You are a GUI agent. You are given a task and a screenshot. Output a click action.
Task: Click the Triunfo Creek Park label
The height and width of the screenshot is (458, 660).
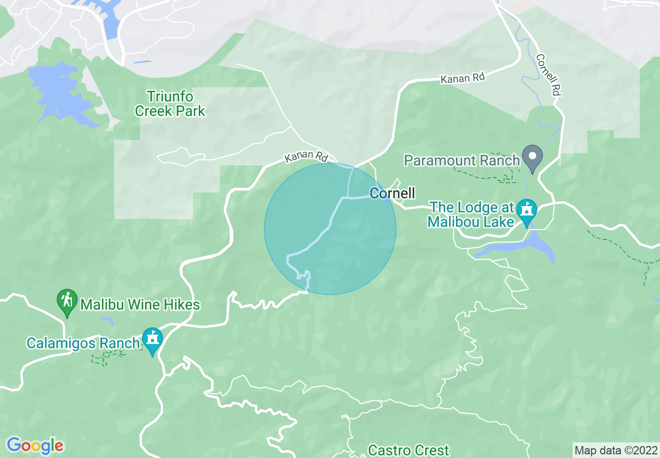pos(170,104)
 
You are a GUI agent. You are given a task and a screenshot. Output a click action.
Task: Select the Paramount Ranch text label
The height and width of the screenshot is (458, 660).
pos(462,160)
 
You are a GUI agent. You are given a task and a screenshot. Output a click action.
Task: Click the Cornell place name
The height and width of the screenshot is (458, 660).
pos(392,194)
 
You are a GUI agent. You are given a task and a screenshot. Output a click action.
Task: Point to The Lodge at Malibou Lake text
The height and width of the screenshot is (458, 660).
pos(470,214)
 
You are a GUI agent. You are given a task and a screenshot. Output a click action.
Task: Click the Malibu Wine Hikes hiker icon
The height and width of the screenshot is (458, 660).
pos(67,302)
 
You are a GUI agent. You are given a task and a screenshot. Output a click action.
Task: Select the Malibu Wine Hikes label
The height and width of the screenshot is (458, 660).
pos(140,304)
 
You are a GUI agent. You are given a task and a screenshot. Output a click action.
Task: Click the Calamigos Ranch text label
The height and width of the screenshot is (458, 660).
pos(83,343)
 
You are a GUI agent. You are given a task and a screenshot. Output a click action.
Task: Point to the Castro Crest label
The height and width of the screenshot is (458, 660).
pos(409,450)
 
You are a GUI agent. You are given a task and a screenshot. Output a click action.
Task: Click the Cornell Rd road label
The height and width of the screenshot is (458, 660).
pos(549,75)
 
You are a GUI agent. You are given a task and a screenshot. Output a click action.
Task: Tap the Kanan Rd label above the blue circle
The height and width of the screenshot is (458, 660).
pos(307,156)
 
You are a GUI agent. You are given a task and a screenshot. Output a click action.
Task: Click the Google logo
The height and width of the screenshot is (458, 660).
pos(35,446)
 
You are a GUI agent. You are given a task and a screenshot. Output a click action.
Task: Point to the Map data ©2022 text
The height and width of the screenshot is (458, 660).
pos(615,450)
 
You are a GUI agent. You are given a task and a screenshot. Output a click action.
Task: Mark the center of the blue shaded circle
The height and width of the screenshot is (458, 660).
pos(330,229)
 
